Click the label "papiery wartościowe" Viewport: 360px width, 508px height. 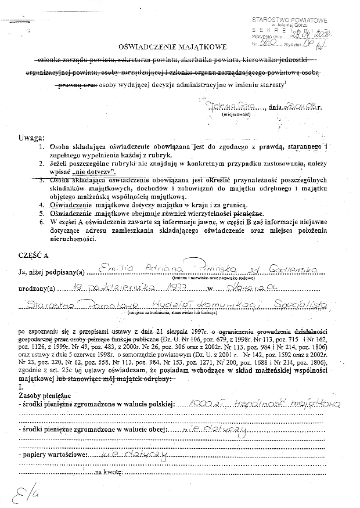pyautogui.click(x=53, y=454)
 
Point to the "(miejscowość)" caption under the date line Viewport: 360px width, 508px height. pyautogui.click(x=235, y=115)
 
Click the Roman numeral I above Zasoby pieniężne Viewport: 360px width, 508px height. pyautogui.click(x=20, y=387)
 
